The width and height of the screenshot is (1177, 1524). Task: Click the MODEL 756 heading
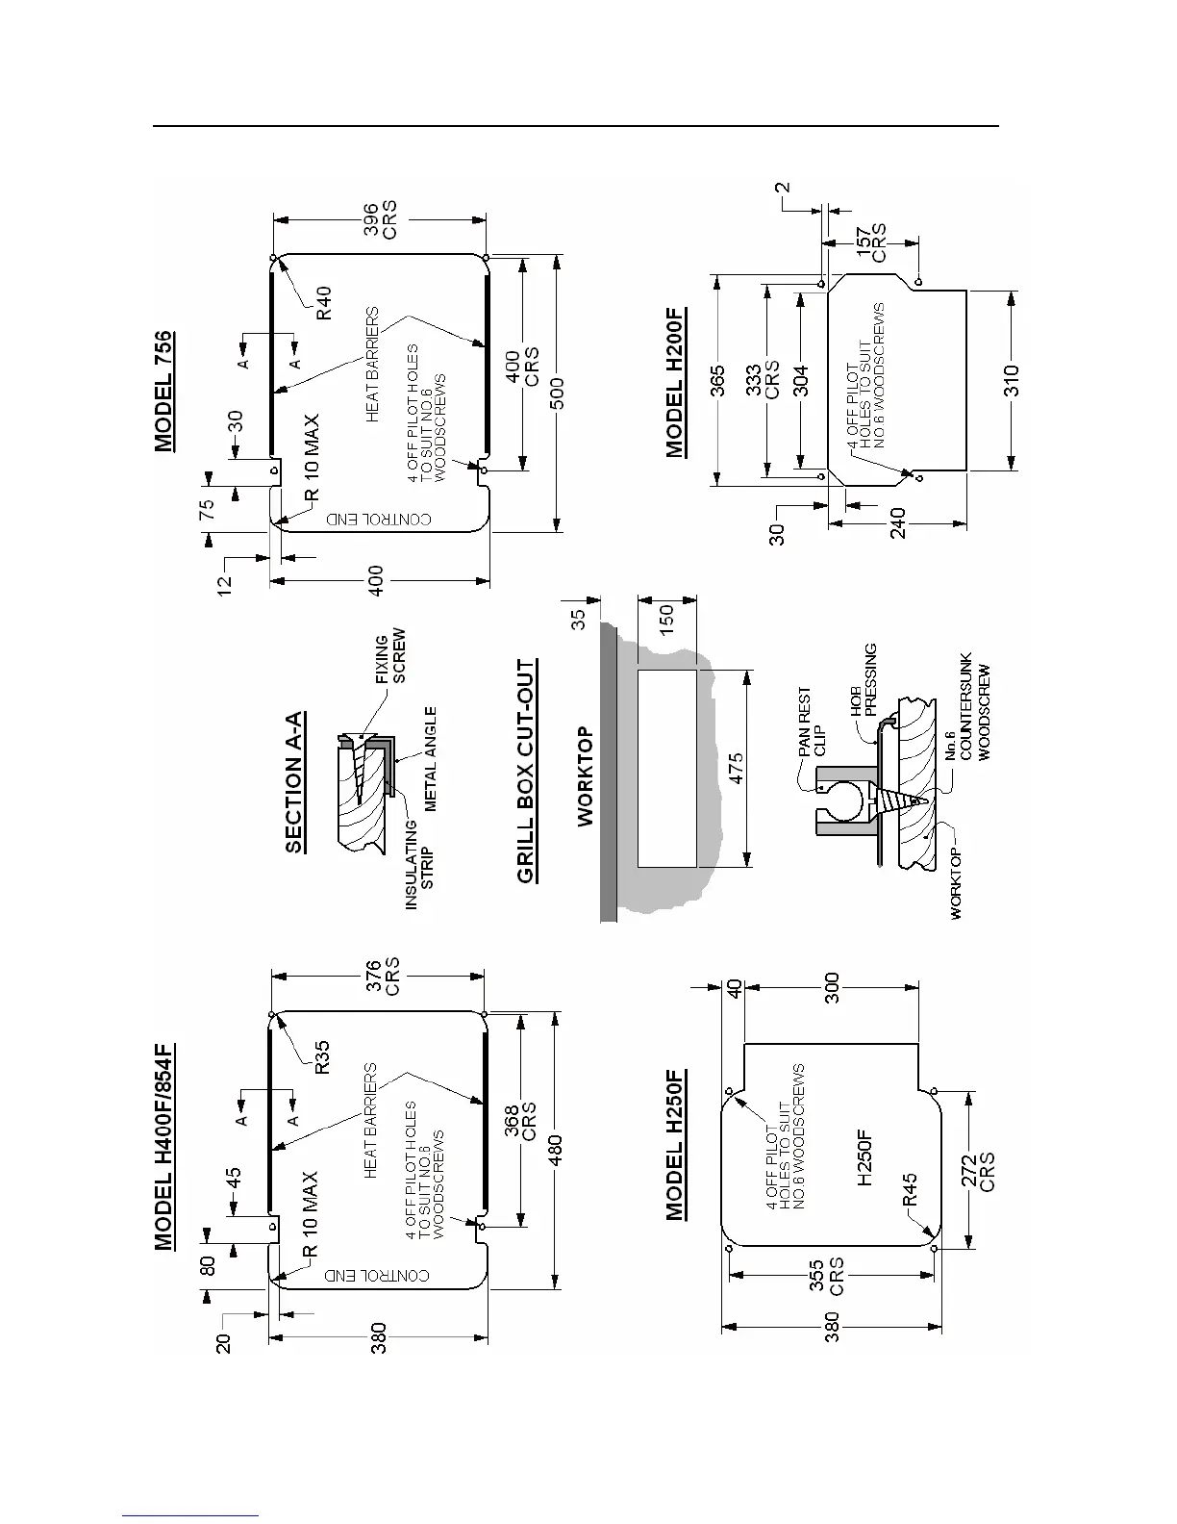[x=164, y=392]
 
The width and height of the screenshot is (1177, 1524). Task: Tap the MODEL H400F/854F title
[x=164, y=1148]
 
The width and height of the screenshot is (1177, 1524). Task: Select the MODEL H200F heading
[x=676, y=382]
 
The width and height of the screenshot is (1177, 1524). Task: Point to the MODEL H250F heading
[x=676, y=1143]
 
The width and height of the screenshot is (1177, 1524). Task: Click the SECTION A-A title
[x=297, y=782]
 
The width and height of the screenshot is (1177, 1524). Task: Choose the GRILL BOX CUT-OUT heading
[x=526, y=771]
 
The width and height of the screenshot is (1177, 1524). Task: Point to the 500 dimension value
[x=559, y=392]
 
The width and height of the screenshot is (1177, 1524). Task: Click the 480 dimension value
[x=559, y=1148]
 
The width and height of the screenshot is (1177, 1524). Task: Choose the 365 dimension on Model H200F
[x=716, y=382]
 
